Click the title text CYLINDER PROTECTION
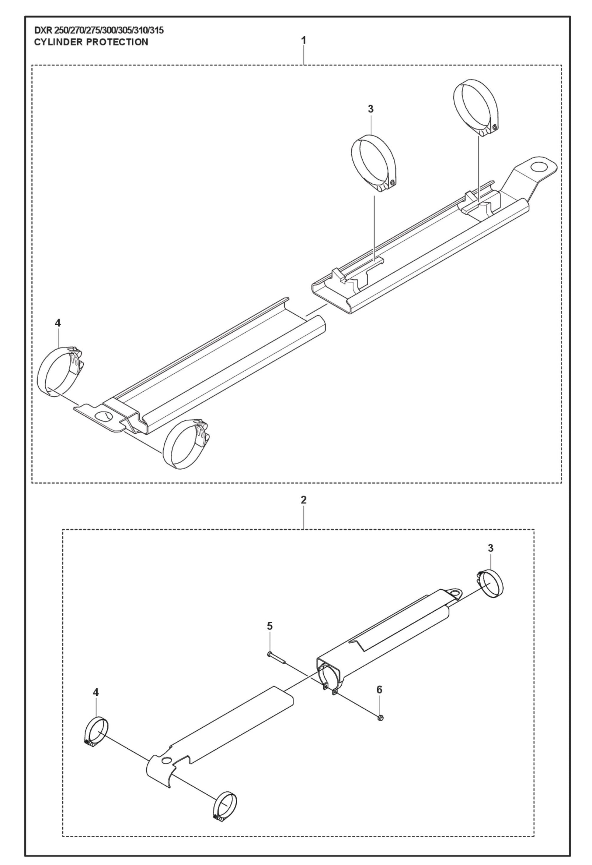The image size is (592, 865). point(91,42)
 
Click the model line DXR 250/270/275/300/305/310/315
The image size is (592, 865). point(99,30)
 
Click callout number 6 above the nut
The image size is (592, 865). point(379,689)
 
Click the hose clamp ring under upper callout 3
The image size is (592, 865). point(373,164)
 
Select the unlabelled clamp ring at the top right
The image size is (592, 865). point(475,107)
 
